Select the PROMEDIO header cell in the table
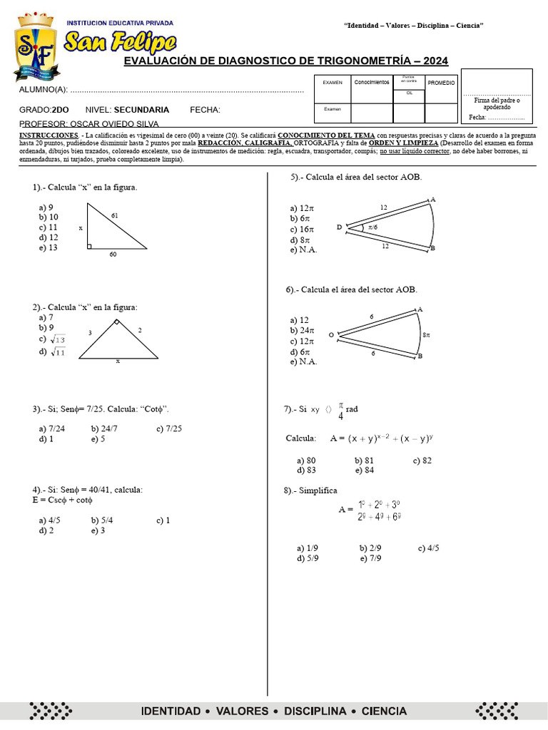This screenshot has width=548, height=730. click(x=441, y=83)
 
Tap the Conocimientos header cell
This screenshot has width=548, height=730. click(x=371, y=83)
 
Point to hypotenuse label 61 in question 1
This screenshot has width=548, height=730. click(x=116, y=215)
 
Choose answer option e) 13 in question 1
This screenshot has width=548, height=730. click(x=49, y=247)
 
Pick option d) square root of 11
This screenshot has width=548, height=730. click(x=53, y=352)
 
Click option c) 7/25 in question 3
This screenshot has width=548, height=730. click(x=168, y=428)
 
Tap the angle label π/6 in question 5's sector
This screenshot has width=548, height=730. click(x=373, y=227)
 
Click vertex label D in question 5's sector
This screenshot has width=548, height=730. click(x=339, y=227)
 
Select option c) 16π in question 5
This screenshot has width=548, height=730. click(x=302, y=230)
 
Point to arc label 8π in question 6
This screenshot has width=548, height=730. click(x=426, y=334)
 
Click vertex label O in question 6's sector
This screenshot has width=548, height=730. click(x=331, y=334)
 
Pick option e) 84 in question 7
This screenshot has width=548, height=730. click(x=364, y=471)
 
